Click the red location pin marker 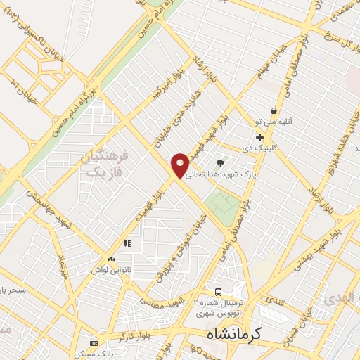click(180, 165)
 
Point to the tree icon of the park click(221, 163)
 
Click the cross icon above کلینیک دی click(260, 137)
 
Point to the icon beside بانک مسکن click(94, 343)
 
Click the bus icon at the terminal click(218, 291)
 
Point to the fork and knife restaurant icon click(127, 244)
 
